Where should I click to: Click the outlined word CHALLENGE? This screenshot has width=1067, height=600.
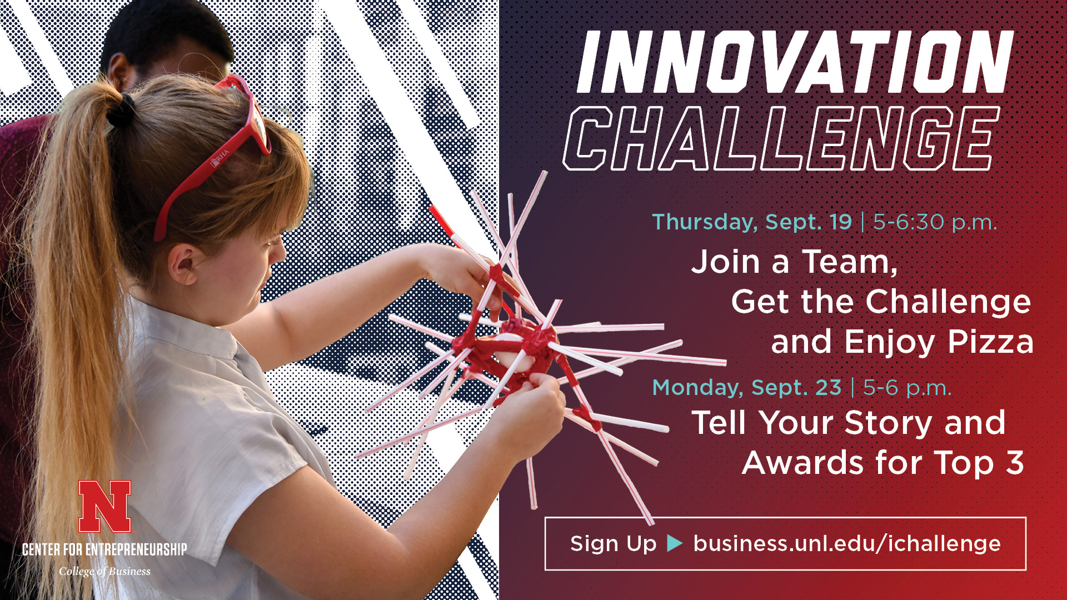pyautogui.click(x=781, y=138)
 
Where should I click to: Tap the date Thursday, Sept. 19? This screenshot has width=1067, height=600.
pyautogui.click(x=752, y=222)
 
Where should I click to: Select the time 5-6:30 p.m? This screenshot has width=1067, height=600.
pyautogui.click(x=935, y=222)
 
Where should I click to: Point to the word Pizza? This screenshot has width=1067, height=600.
pyautogui.click(x=990, y=342)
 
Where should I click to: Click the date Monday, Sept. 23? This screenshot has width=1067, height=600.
pyautogui.click(x=747, y=387)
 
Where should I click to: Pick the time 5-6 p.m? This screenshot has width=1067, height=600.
pyautogui.click(x=907, y=388)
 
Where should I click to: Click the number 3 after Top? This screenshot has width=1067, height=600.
pyautogui.click(x=1015, y=462)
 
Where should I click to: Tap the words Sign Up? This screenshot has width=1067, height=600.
pyautogui.click(x=614, y=543)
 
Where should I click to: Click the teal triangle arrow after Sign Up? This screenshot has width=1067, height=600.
pyautogui.click(x=674, y=543)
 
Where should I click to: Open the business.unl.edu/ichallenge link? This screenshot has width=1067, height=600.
pyautogui.click(x=847, y=543)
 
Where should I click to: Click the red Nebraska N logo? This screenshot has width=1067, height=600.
pyautogui.click(x=105, y=507)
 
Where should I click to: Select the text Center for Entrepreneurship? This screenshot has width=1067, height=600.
pyautogui.click(x=104, y=549)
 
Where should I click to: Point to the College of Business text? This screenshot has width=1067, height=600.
pyautogui.click(x=104, y=571)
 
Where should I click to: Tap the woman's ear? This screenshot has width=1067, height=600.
pyautogui.click(x=184, y=263)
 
